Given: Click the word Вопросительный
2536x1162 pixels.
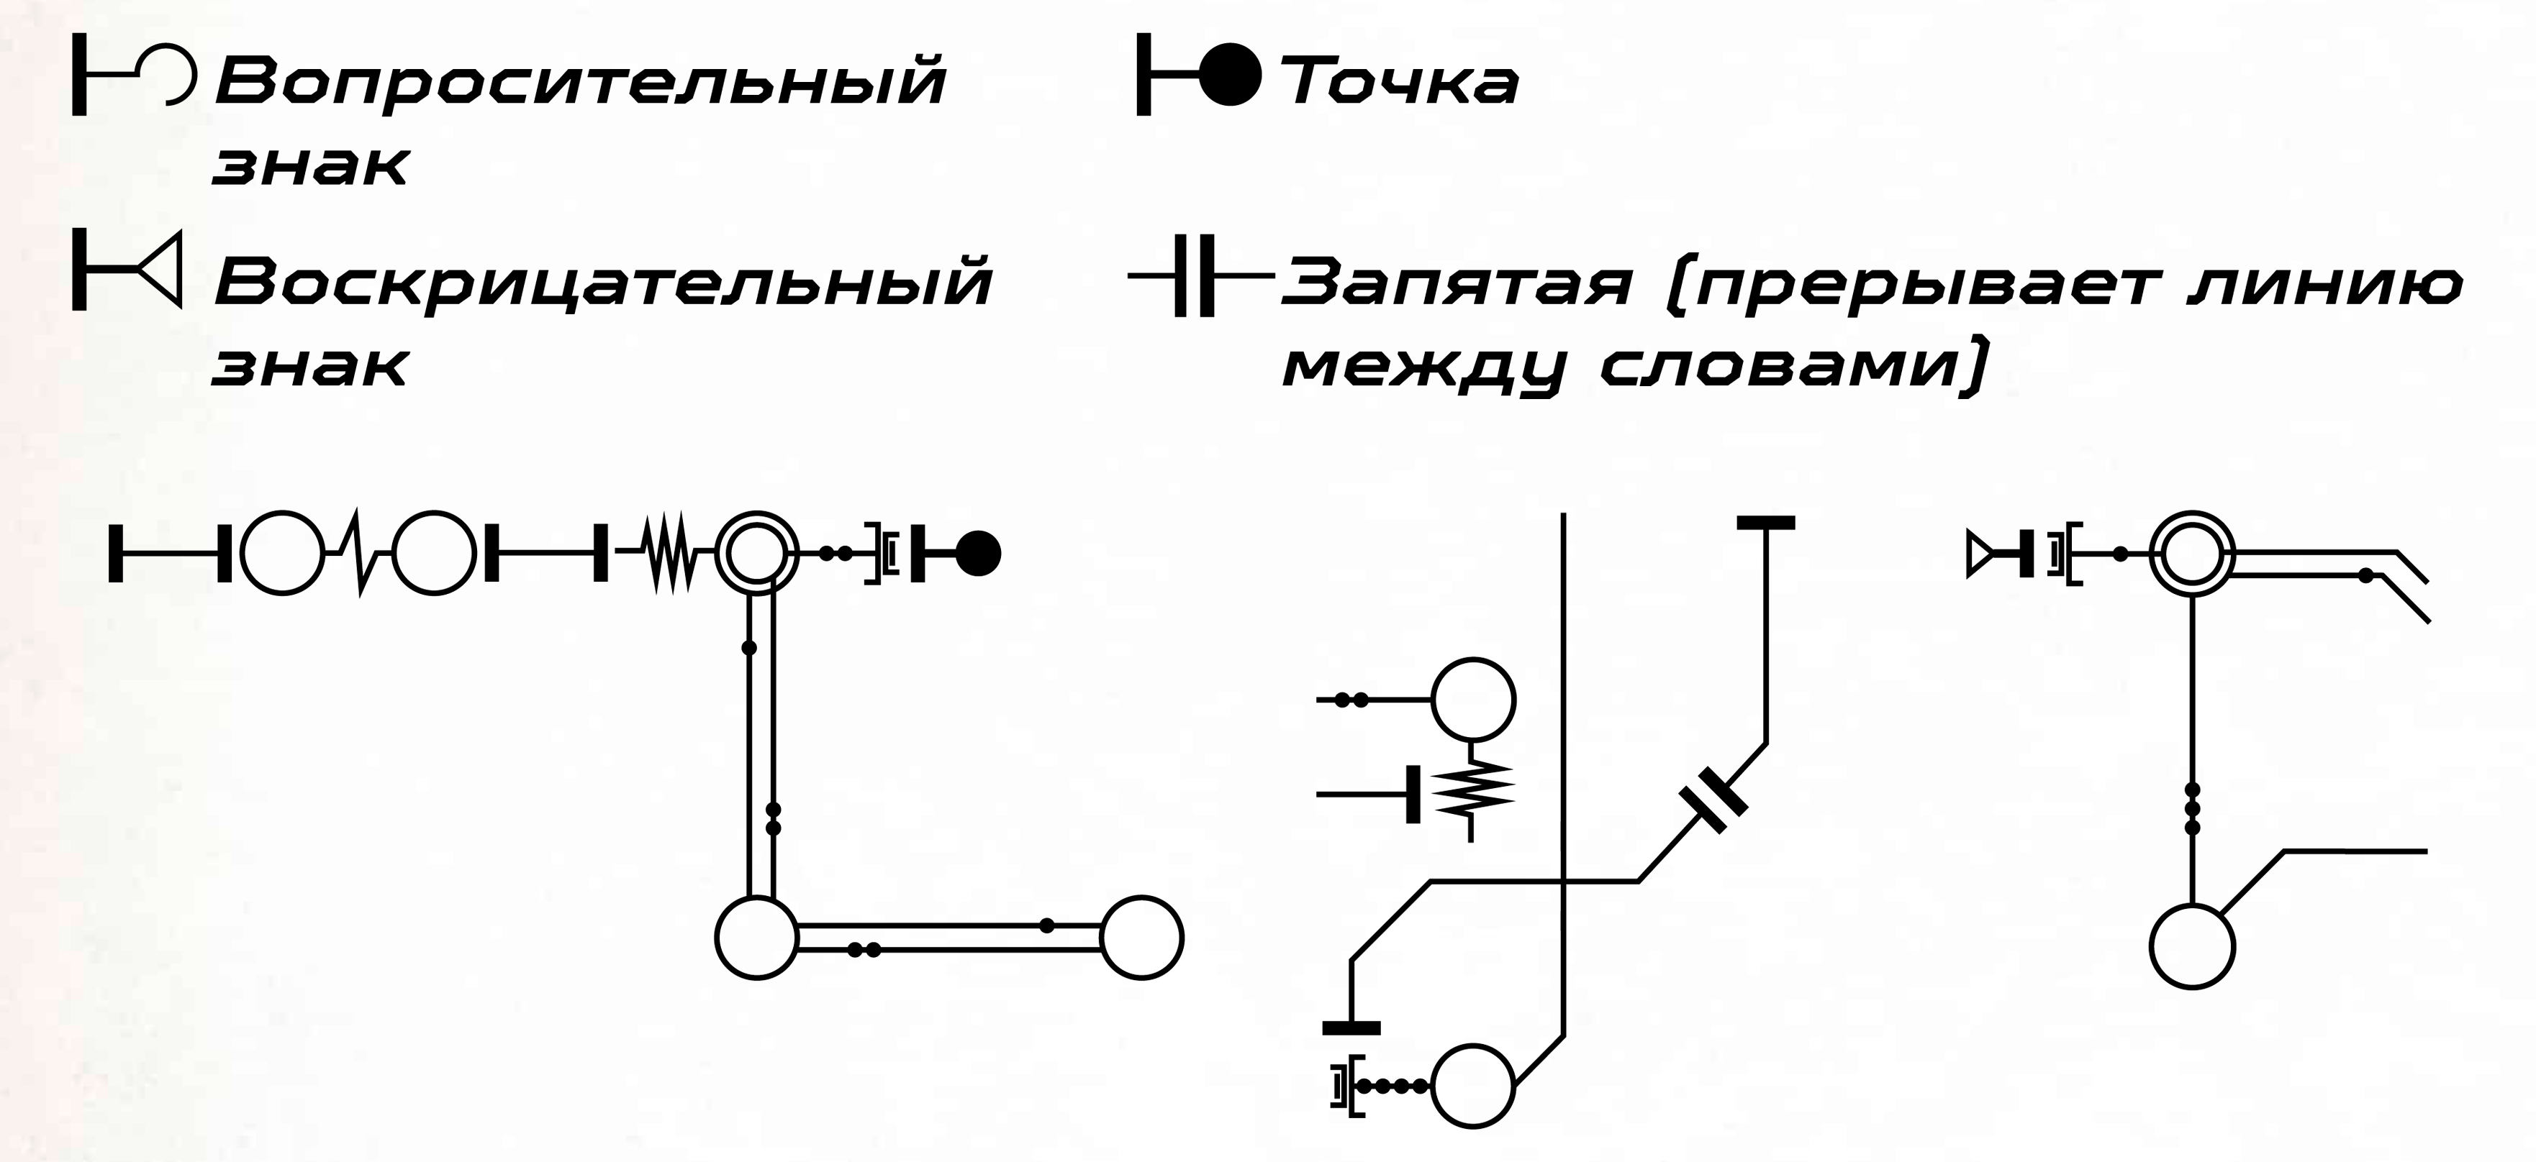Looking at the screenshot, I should click(x=581, y=83).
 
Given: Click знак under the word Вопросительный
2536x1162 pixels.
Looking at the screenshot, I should click(x=310, y=165).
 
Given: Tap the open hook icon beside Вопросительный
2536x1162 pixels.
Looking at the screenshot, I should click(x=177, y=75).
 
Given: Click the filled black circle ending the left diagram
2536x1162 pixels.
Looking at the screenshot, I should click(x=979, y=553).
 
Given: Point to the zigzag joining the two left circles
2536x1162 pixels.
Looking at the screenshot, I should click(x=358, y=553).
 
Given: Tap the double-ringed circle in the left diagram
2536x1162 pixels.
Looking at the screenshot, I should click(x=756, y=553).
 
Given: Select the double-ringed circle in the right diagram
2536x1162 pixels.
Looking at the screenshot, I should click(x=2191, y=554).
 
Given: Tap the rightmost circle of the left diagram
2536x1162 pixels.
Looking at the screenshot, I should click(x=1141, y=937).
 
